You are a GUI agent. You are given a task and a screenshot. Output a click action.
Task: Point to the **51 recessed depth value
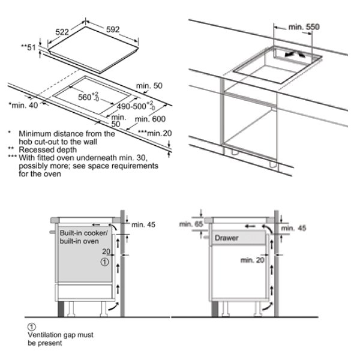pos(28,47)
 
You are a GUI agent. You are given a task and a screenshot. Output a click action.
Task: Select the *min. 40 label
pos(23,106)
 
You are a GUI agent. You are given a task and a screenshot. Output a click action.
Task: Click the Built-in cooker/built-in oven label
pos(83,236)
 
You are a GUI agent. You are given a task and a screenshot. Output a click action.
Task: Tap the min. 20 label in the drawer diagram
pos(252,260)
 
